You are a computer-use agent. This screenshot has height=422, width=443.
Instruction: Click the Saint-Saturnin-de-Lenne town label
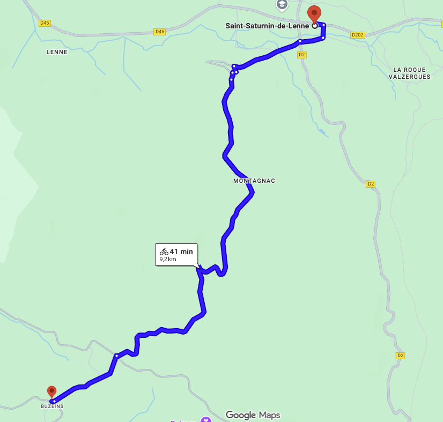point(268,25)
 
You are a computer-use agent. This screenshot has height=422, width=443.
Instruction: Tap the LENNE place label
point(57,52)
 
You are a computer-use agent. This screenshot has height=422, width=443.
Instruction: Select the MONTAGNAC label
point(254,181)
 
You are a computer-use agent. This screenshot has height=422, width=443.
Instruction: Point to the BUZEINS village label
point(52,406)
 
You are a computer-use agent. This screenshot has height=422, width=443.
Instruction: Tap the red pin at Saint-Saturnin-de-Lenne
point(314,13)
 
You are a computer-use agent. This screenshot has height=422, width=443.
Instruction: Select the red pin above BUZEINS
point(51,392)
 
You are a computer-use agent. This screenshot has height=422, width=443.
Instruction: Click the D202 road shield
point(357,35)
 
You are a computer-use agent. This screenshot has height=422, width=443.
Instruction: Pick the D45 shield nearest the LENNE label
point(45,23)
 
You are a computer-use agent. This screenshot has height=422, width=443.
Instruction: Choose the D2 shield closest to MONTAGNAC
point(371,184)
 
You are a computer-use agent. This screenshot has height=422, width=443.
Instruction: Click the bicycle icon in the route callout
point(164,251)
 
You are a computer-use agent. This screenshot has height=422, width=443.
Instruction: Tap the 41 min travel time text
point(181,251)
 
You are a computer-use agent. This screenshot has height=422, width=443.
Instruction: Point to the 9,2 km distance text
point(168,260)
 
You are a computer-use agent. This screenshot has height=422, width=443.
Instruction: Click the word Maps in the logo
point(269,415)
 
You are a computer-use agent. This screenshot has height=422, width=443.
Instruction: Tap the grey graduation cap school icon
point(282,5)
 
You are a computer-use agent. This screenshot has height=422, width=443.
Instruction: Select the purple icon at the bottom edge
point(205,419)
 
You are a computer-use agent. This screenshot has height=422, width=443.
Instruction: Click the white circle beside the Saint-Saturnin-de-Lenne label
point(315,25)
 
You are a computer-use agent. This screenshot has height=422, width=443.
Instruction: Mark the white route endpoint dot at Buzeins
point(54,401)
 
